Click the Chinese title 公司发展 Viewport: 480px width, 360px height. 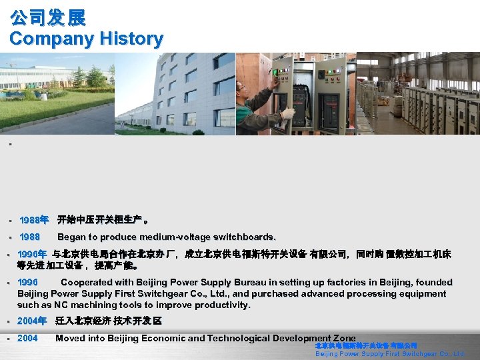(48, 17)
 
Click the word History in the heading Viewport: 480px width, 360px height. (131, 39)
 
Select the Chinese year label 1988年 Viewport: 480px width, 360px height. (33, 219)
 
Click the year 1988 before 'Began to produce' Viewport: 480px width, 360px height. (29, 237)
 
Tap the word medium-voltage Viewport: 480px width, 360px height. (183, 237)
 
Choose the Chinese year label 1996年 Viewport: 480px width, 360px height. (32, 254)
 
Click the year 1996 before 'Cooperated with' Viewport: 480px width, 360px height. (28, 282)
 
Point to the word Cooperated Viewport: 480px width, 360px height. (87, 282)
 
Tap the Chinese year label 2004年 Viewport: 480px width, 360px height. (32, 321)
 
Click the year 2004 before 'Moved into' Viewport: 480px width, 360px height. (28, 338)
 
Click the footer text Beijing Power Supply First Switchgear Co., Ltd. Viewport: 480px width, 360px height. (389, 354)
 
